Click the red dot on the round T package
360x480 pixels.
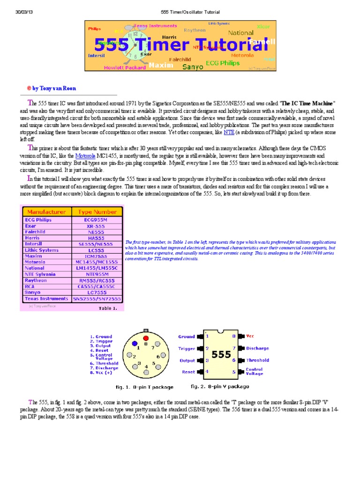[146, 337]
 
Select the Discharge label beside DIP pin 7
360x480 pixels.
[257, 348]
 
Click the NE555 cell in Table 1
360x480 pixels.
[97, 232]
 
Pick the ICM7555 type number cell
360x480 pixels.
[97, 256]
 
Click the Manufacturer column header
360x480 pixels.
[46, 211]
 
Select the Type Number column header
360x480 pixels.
[97, 211]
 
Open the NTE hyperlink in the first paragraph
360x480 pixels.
[229, 133]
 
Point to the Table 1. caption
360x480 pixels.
[111, 308]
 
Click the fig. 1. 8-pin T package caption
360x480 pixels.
[144, 387]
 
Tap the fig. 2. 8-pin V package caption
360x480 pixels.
[220, 387]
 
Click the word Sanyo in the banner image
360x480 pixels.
[193, 67]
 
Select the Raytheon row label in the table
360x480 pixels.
[39, 280]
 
